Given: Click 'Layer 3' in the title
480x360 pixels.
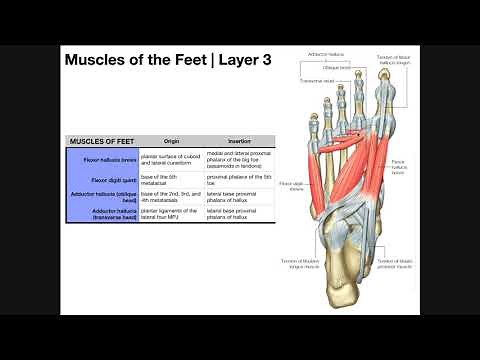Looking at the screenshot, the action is pyautogui.click(x=246, y=59).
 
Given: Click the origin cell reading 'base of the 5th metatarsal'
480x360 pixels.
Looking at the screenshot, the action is pyautogui.click(x=165, y=178).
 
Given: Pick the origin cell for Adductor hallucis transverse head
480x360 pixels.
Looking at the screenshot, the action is pyautogui.click(x=169, y=213).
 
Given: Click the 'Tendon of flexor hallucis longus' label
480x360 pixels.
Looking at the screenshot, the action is pyautogui.click(x=394, y=61).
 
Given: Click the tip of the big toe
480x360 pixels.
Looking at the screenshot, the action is pyautogui.click(x=387, y=83).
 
